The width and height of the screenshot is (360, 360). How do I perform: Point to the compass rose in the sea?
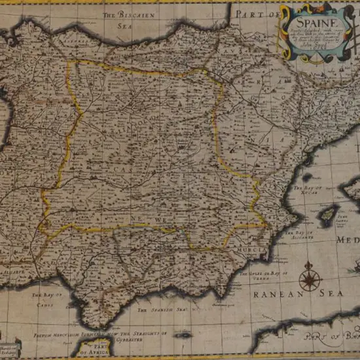click(x=308, y=278)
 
